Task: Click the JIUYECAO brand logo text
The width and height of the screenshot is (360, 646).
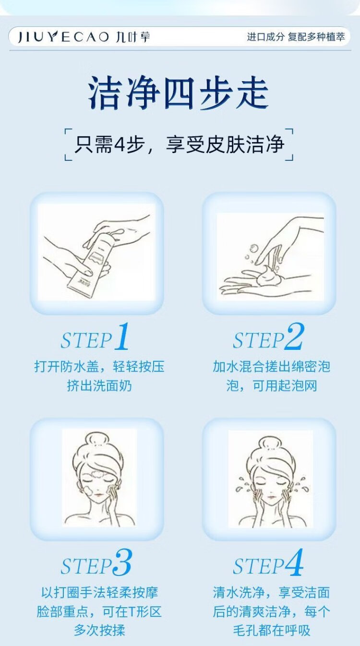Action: [x=63, y=37]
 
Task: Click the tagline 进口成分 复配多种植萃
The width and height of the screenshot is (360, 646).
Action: [x=296, y=37]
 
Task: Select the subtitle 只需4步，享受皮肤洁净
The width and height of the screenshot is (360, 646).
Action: [x=180, y=144]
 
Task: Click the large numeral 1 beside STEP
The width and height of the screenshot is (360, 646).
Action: [x=122, y=336]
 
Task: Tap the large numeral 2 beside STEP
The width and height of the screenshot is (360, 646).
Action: [x=294, y=336]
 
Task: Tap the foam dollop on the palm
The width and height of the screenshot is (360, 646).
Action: [x=267, y=276]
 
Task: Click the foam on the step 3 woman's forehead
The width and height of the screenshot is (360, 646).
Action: [x=98, y=474]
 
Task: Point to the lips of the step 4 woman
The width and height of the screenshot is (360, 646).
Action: [x=272, y=497]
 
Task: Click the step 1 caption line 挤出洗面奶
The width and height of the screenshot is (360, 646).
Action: [x=99, y=386]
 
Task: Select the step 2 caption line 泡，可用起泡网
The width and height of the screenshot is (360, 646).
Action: [x=272, y=386]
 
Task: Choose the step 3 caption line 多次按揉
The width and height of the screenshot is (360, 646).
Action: [x=99, y=630]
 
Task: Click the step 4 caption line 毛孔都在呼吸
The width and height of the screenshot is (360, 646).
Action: [x=272, y=630]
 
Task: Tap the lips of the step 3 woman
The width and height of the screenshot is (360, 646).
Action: [x=99, y=495]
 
